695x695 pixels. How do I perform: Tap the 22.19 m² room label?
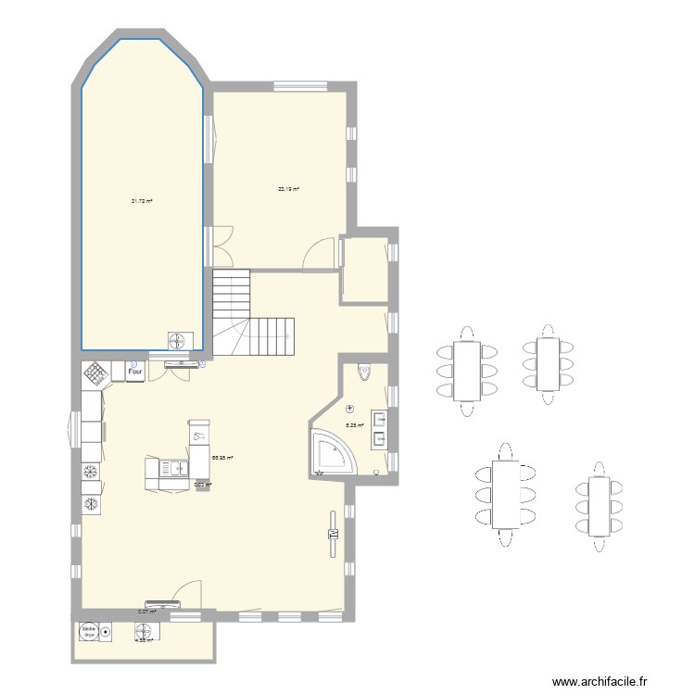tap(288, 189)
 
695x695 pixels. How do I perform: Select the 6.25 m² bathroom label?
tap(354, 425)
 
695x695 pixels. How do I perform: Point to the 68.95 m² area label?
tap(222, 457)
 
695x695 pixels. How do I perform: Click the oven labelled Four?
tap(134, 371)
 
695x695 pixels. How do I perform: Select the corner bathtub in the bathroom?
tap(330, 454)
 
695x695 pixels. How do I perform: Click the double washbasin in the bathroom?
tap(380, 428)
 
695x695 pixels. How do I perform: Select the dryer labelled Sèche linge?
tap(90, 632)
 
